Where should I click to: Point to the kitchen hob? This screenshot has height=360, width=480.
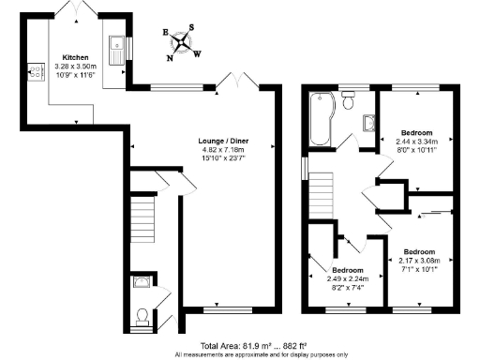[38, 71]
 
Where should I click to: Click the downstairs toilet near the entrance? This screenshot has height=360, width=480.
[142, 315]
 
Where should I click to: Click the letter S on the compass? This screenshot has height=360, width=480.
[192, 27]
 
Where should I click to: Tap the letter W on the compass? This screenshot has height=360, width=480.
[197, 53]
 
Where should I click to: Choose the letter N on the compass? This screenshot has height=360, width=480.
[170, 57]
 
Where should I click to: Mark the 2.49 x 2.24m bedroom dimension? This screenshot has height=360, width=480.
[340, 278]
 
